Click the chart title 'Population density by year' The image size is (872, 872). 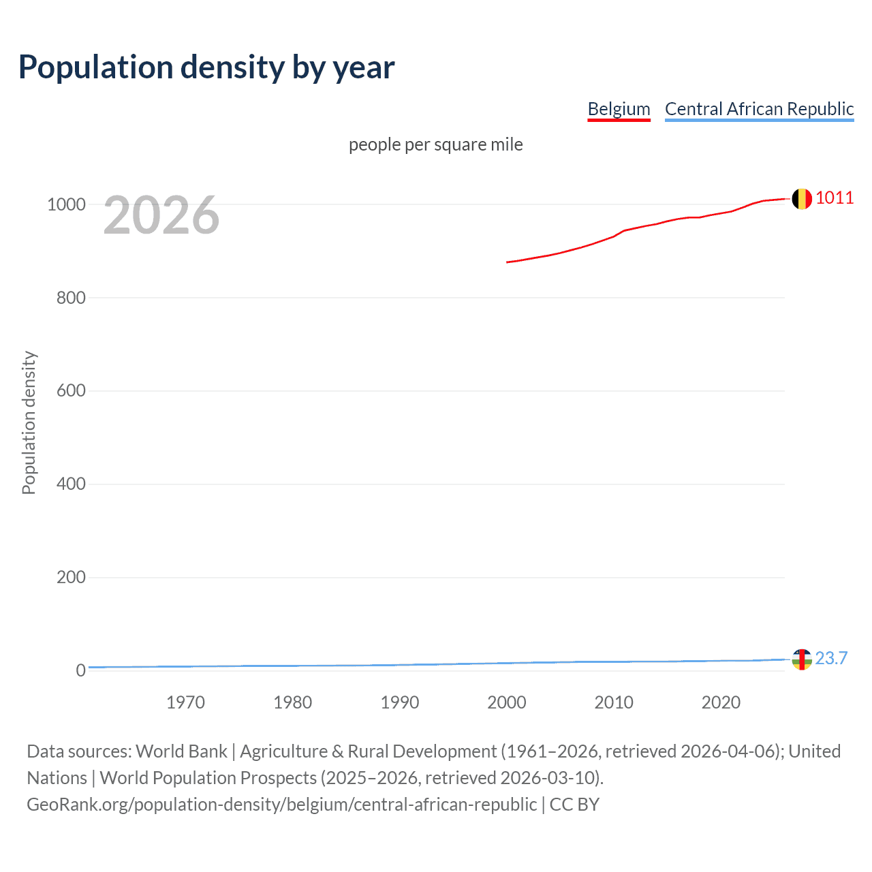pyautogui.click(x=206, y=67)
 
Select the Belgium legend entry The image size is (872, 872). pyautogui.click(x=619, y=109)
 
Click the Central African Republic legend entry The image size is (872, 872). pyautogui.click(x=759, y=109)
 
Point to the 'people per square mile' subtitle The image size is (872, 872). pyautogui.click(x=435, y=144)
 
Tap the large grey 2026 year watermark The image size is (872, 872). pyautogui.click(x=161, y=215)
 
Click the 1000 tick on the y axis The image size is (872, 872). pyautogui.click(x=66, y=204)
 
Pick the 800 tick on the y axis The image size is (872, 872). pyautogui.click(x=71, y=298)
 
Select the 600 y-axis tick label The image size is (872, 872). pyautogui.click(x=71, y=391)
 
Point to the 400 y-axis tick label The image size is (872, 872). pyautogui.click(x=71, y=484)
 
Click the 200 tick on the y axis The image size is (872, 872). pyautogui.click(x=71, y=578)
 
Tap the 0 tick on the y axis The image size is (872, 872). pyautogui.click(x=80, y=670)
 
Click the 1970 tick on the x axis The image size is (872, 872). pyautogui.click(x=185, y=702)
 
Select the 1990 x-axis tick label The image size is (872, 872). pyautogui.click(x=400, y=702)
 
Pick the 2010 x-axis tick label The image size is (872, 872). pyautogui.click(x=614, y=702)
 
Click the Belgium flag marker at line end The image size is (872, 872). pyautogui.click(x=802, y=199)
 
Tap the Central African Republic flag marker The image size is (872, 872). pyautogui.click(x=802, y=659)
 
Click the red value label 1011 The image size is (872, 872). pyautogui.click(x=835, y=198)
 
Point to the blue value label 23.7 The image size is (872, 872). pyautogui.click(x=831, y=658)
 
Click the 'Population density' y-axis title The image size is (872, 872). pyautogui.click(x=29, y=422)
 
